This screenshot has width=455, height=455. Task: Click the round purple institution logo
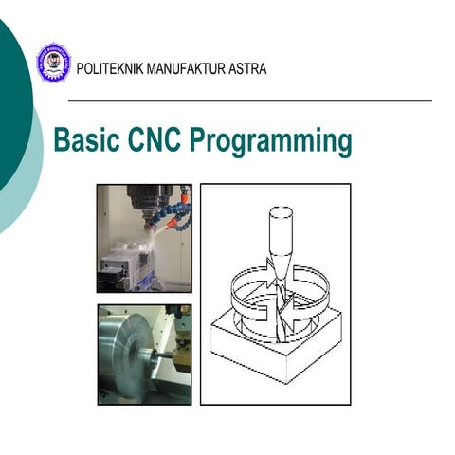pos(53,63)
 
